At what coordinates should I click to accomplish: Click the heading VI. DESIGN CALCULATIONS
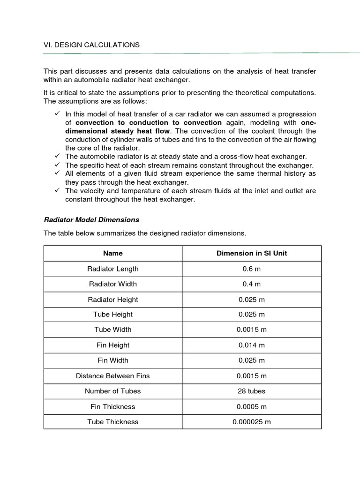pyautogui.click(x=91, y=45)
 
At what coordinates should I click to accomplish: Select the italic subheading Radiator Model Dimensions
pyautogui.click(x=91, y=219)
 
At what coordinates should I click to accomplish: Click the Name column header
pyautogui.click(x=113, y=253)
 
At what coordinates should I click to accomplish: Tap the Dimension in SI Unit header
pyautogui.click(x=252, y=253)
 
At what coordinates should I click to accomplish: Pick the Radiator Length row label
pyautogui.click(x=113, y=269)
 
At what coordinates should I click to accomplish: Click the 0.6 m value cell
pyautogui.click(x=252, y=269)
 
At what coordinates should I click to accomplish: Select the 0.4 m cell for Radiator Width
pyautogui.click(x=252, y=284)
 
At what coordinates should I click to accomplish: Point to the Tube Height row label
pyautogui.click(x=113, y=314)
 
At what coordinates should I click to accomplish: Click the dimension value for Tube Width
pyautogui.click(x=252, y=330)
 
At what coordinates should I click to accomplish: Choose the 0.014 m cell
pyautogui.click(x=252, y=345)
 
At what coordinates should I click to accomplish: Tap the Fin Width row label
pyautogui.click(x=113, y=360)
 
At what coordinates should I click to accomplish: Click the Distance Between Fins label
pyautogui.click(x=113, y=375)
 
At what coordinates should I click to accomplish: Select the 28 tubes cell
pyautogui.click(x=252, y=391)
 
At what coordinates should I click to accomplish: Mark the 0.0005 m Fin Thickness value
pyautogui.click(x=252, y=406)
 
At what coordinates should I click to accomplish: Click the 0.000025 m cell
pyautogui.click(x=252, y=422)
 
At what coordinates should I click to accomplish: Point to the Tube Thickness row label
pyautogui.click(x=113, y=422)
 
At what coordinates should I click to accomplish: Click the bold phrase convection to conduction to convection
pyautogui.click(x=149, y=123)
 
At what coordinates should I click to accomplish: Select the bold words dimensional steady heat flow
pyautogui.click(x=118, y=131)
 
